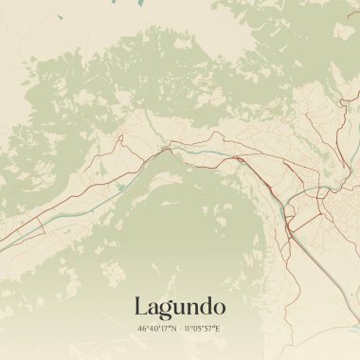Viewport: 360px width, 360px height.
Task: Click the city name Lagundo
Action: [x=180, y=306]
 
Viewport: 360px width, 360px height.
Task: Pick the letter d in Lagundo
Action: [x=204, y=305]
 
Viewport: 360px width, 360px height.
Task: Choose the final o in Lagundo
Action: [x=218, y=308]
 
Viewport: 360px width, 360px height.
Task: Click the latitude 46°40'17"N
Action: [x=157, y=328]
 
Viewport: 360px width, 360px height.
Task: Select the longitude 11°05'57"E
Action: [x=202, y=328]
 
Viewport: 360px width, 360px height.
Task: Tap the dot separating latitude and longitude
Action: [x=180, y=328]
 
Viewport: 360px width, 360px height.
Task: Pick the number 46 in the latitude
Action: [x=142, y=328]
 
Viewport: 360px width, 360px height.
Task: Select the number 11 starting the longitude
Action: [x=187, y=328]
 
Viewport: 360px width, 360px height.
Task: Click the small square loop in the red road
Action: [x=119, y=141]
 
